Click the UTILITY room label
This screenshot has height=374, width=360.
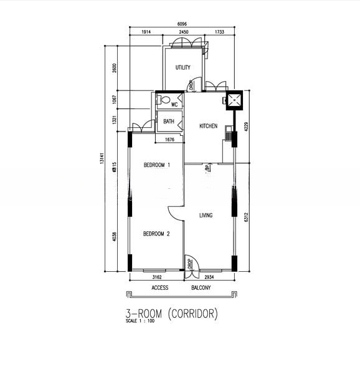coord(182,68)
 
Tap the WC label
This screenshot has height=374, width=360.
coord(174,105)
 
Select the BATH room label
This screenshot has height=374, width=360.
coord(169,122)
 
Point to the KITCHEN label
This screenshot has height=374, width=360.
coord(208,126)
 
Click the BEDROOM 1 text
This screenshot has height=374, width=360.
coord(156,165)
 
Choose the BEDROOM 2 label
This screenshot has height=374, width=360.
coord(156,234)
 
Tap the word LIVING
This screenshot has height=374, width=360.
coord(206,216)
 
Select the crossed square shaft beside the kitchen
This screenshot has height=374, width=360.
coord(236,100)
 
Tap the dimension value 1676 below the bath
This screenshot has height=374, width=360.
coord(169,140)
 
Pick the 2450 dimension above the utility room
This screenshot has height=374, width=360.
coord(183,32)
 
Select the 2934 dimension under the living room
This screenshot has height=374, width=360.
coord(209,276)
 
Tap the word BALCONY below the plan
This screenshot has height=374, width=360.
coord(201,288)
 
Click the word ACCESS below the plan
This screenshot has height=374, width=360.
coord(160,288)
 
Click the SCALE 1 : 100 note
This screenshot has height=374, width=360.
coord(140,322)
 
